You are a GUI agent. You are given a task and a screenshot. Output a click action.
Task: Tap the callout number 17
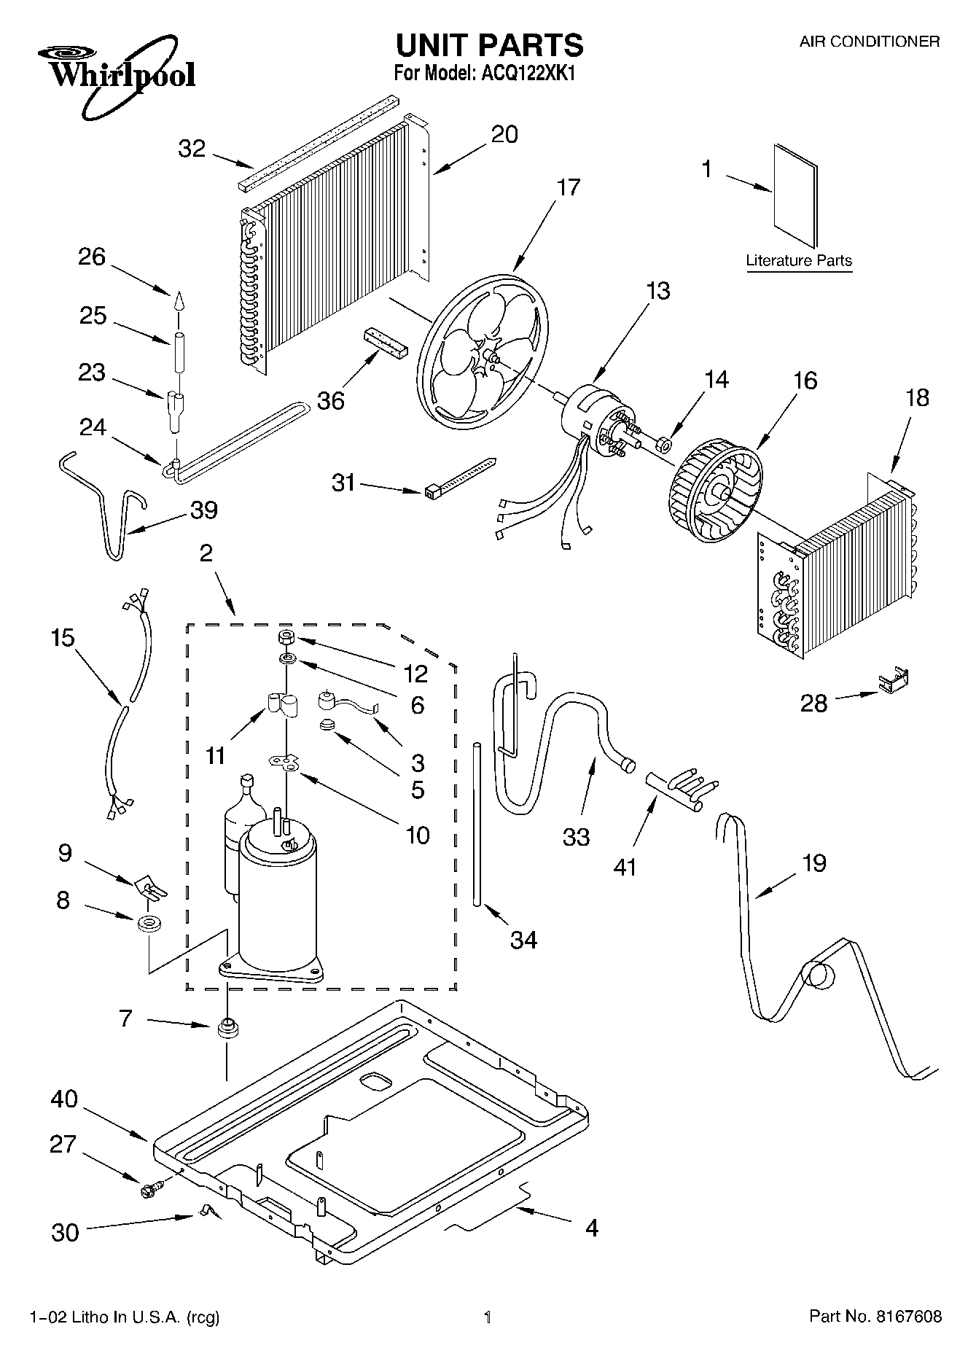(x=568, y=187)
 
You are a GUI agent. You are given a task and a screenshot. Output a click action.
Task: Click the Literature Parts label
(x=799, y=260)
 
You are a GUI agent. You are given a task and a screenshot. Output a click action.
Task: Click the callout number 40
(x=64, y=1099)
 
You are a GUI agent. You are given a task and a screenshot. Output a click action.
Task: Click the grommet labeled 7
(x=227, y=1029)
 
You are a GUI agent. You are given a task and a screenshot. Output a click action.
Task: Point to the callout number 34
(x=523, y=940)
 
